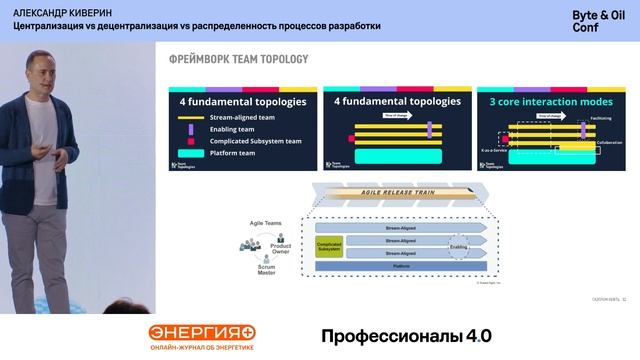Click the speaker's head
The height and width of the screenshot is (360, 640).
tap(41, 78)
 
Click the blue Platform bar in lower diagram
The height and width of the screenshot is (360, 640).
tap(400, 267)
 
